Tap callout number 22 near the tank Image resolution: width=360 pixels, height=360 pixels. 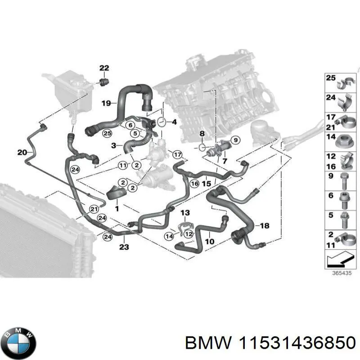104,68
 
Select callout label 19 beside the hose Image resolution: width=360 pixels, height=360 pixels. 106,103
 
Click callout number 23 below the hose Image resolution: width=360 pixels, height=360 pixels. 124,247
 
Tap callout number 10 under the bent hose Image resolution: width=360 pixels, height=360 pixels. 210,241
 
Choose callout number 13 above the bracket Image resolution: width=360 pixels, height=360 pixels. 185,212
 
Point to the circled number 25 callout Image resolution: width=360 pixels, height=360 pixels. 107,133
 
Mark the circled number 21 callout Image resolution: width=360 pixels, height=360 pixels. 94,208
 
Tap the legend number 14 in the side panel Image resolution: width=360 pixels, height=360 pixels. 331,137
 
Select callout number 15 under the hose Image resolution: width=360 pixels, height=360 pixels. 206,184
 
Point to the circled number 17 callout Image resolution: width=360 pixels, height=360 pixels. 177,154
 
